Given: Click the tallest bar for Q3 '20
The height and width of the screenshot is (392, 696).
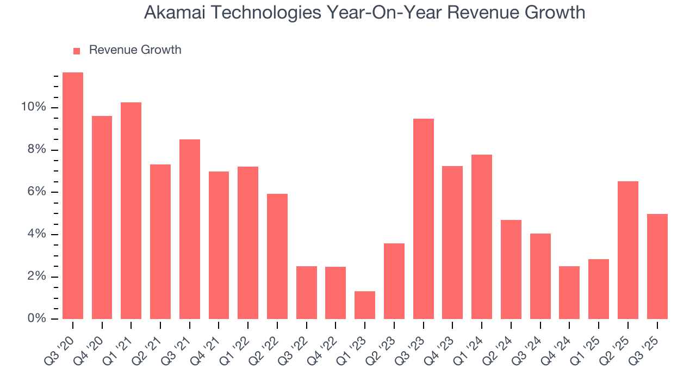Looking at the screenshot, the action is (73, 196).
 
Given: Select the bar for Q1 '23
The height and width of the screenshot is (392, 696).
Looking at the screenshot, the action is (365, 305).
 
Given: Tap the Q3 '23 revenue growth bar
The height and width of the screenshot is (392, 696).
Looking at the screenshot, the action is (423, 219).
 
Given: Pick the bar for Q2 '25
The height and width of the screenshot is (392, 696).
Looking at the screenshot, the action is (628, 250).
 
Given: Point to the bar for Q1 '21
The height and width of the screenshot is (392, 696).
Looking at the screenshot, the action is (131, 211).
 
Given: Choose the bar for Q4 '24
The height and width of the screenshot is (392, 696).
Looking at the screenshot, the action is (569, 292).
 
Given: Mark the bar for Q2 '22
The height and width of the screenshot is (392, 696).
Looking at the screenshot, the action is (277, 256).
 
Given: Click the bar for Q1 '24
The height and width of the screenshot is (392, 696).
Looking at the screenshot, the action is (482, 237).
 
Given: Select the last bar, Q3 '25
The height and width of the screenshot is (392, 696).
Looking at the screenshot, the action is (657, 267).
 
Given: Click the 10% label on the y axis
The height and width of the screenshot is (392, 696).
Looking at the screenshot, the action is (33, 107).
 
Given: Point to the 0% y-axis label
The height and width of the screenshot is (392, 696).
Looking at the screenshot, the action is (36, 319).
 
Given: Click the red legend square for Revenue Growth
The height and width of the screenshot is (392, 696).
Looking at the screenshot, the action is (77, 51).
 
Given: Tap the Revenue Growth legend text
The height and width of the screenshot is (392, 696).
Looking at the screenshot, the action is (135, 50).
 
